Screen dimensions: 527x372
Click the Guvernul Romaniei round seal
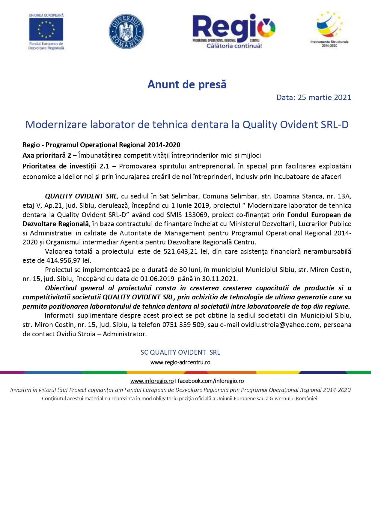tap(126, 32)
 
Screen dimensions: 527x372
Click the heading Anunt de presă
tap(187, 85)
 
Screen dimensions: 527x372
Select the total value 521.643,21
tap(180, 252)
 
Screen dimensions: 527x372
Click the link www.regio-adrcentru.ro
tap(180, 362)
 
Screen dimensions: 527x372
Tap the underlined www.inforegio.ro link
tap(152, 381)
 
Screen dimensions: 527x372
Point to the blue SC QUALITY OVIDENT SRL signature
tap(180, 353)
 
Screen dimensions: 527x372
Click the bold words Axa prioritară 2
tap(47, 156)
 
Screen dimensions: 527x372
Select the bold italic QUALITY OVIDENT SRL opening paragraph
tap(81, 196)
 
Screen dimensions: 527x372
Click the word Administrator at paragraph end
tap(124, 334)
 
